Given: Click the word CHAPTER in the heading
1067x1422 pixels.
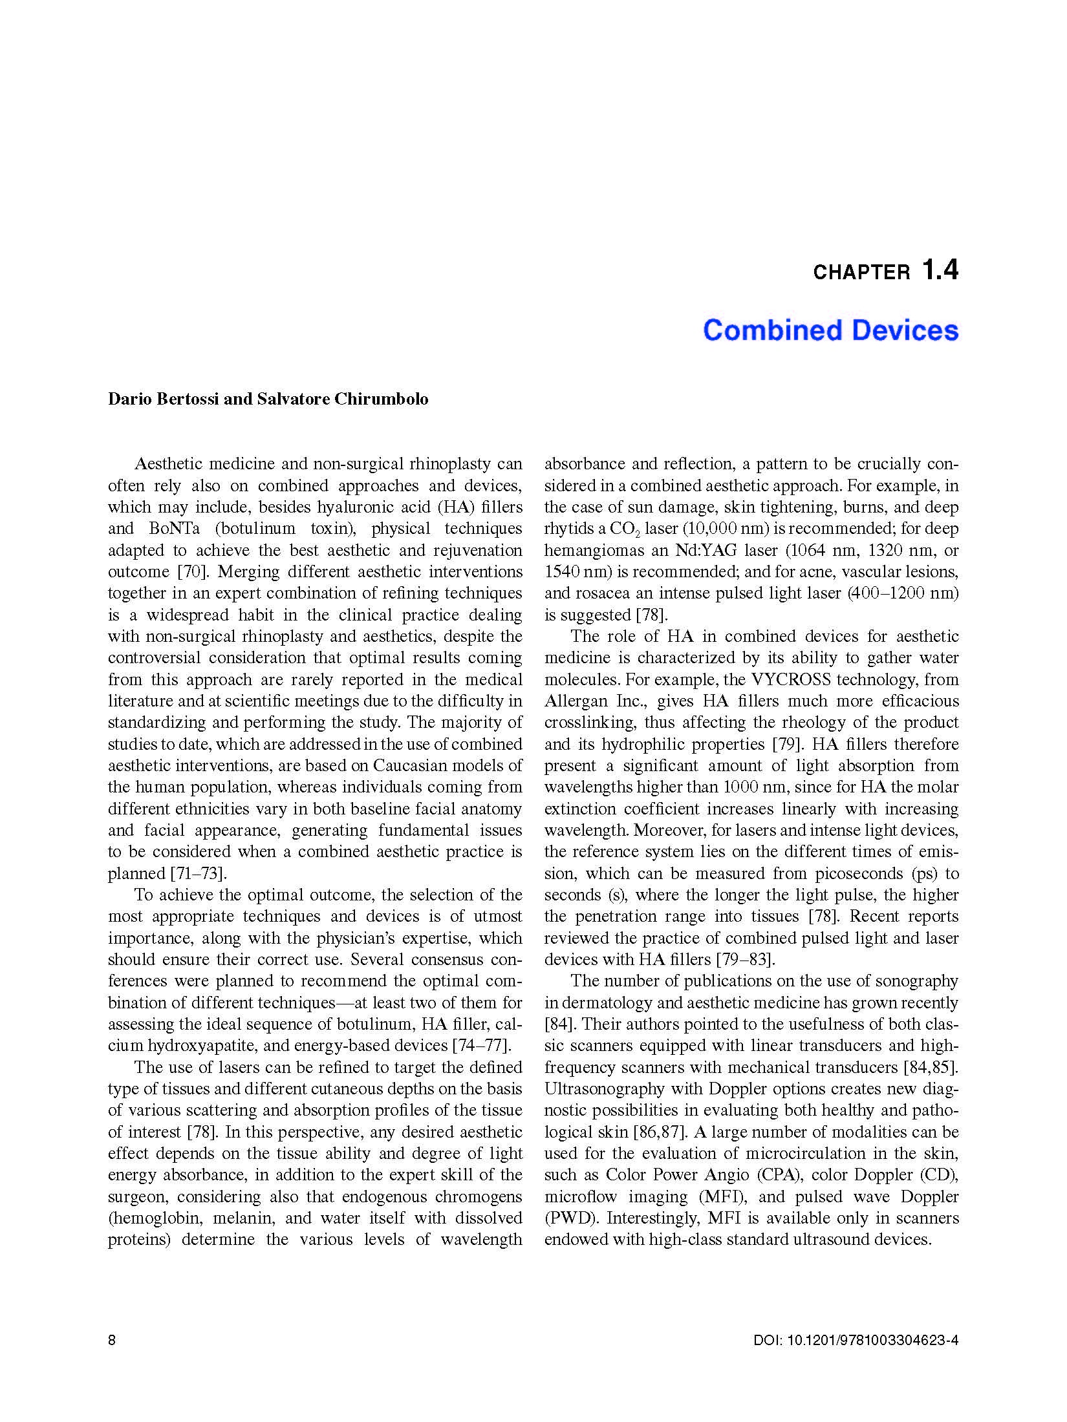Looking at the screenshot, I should click(x=861, y=272).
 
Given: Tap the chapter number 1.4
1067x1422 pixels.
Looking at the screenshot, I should click(x=940, y=270).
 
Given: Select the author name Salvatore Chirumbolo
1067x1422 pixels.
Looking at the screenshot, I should click(x=343, y=399).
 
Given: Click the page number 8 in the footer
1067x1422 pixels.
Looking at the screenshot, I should click(x=112, y=1340).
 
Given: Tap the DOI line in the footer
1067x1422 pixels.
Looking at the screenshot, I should click(x=856, y=1340).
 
